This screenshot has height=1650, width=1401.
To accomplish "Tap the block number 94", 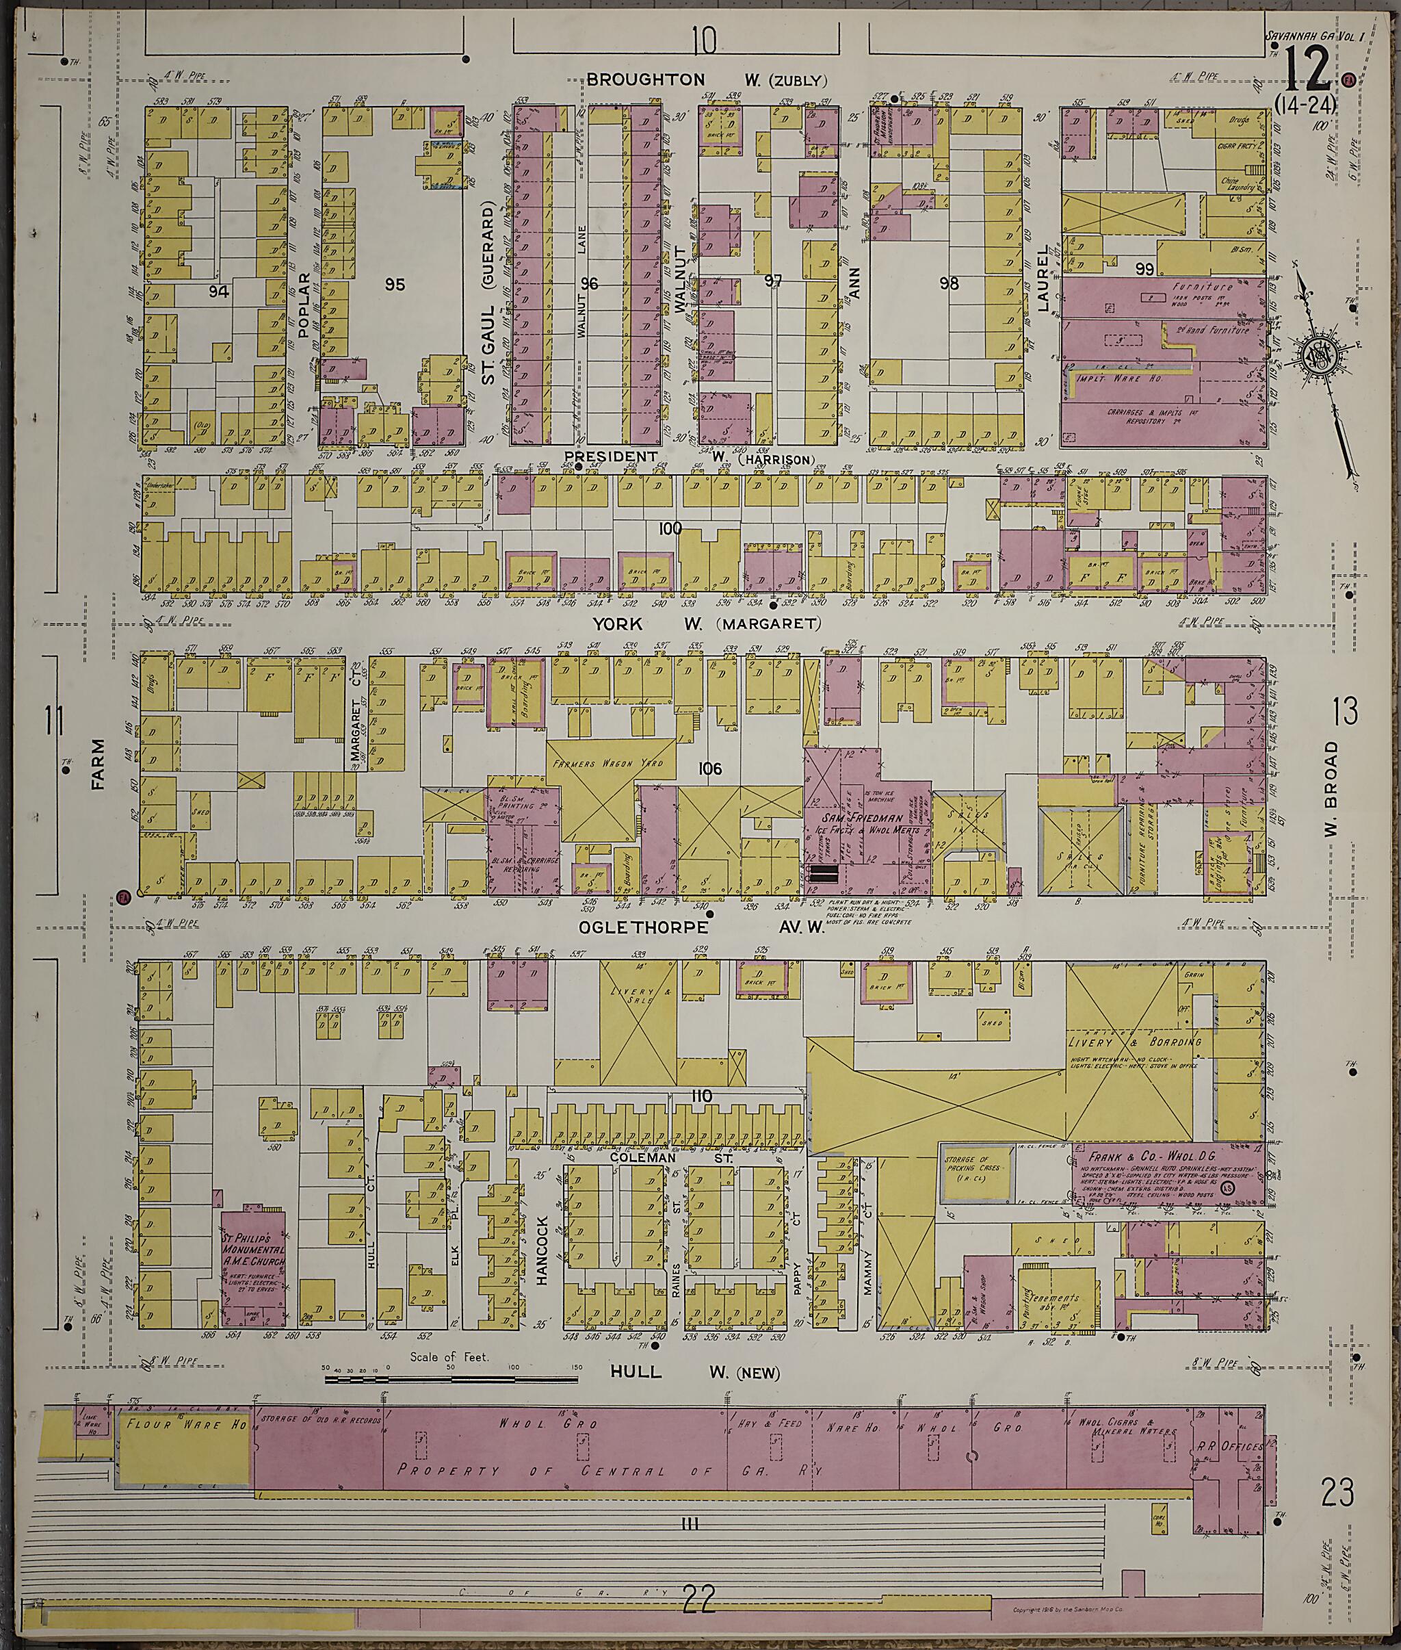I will click(218, 292).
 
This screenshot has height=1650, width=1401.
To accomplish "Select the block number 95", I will click(395, 285).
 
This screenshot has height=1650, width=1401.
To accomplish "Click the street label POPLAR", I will click(302, 307).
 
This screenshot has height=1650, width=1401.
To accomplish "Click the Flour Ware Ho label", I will click(184, 1424).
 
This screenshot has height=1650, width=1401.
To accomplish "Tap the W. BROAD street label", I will click(1331, 790).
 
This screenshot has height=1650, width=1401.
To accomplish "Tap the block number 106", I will click(709, 769).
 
